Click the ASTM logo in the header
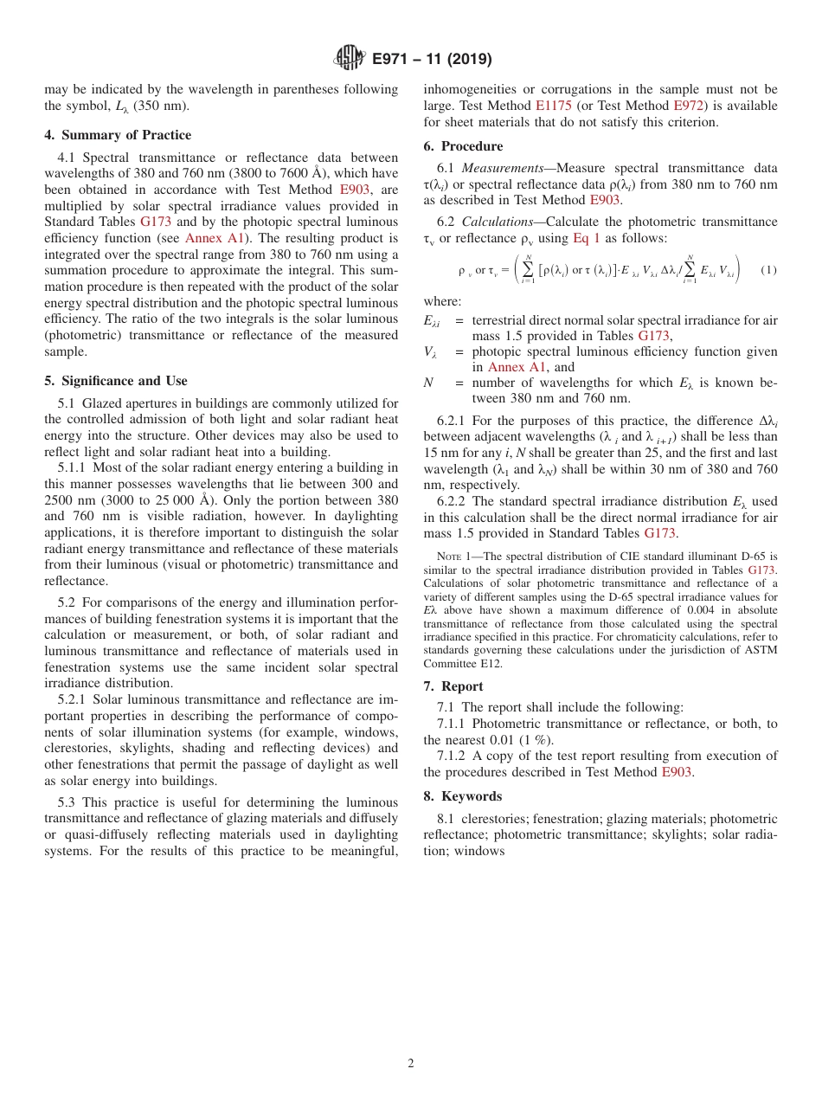coord(349,59)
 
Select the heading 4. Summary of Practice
coord(118,135)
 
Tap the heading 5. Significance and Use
coord(115,381)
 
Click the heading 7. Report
coord(453,686)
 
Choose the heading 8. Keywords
coord(462,796)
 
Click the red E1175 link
coord(554,106)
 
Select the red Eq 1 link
coord(587,238)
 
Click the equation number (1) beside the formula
coord(768,270)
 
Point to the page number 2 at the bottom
coord(411,1064)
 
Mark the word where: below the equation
coord(442,301)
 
